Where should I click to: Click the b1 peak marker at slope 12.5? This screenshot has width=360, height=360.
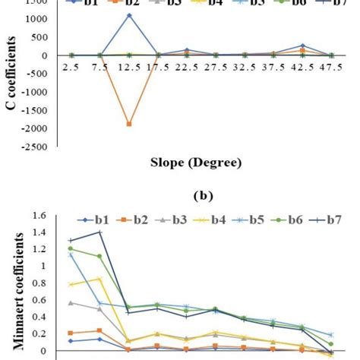tap(129, 15)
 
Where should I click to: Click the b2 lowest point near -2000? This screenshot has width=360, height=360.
tap(129, 124)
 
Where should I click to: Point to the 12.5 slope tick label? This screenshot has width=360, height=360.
tap(129, 68)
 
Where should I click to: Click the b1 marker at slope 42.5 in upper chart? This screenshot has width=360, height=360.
tap(302, 46)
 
